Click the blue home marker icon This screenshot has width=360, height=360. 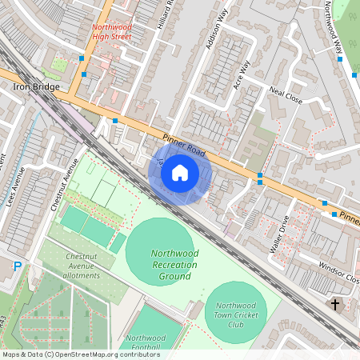[x=180, y=173]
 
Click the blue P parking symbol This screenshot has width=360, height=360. [x=18, y=266]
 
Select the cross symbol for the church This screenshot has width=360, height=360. [x=335, y=305]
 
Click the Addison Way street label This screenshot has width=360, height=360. [x=217, y=35]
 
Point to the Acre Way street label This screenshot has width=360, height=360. [x=242, y=74]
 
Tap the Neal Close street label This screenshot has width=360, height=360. [x=286, y=97]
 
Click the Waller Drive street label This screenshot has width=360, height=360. [x=279, y=233]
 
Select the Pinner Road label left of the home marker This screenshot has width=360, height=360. [x=185, y=144]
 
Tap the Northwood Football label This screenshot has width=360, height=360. [x=146, y=342]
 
